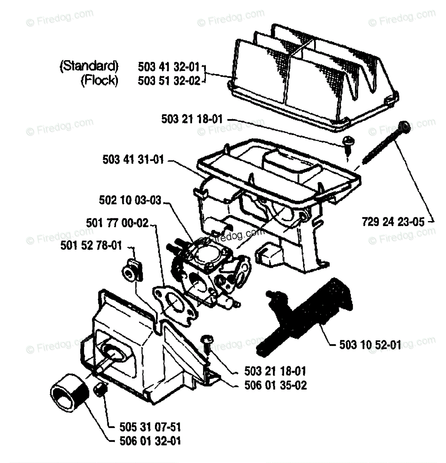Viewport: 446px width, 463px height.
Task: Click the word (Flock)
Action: click(99, 80)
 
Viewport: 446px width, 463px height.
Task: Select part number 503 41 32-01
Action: click(169, 67)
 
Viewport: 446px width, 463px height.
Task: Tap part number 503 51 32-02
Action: click(169, 81)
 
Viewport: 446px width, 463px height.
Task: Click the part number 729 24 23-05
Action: click(393, 222)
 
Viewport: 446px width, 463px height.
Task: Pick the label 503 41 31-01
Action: click(133, 159)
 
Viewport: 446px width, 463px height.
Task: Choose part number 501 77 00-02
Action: click(117, 223)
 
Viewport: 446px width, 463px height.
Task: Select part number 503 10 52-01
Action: click(370, 344)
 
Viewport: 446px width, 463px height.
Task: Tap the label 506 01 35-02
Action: click(275, 385)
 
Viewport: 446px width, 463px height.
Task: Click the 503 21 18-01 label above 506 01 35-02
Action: click(275, 371)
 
